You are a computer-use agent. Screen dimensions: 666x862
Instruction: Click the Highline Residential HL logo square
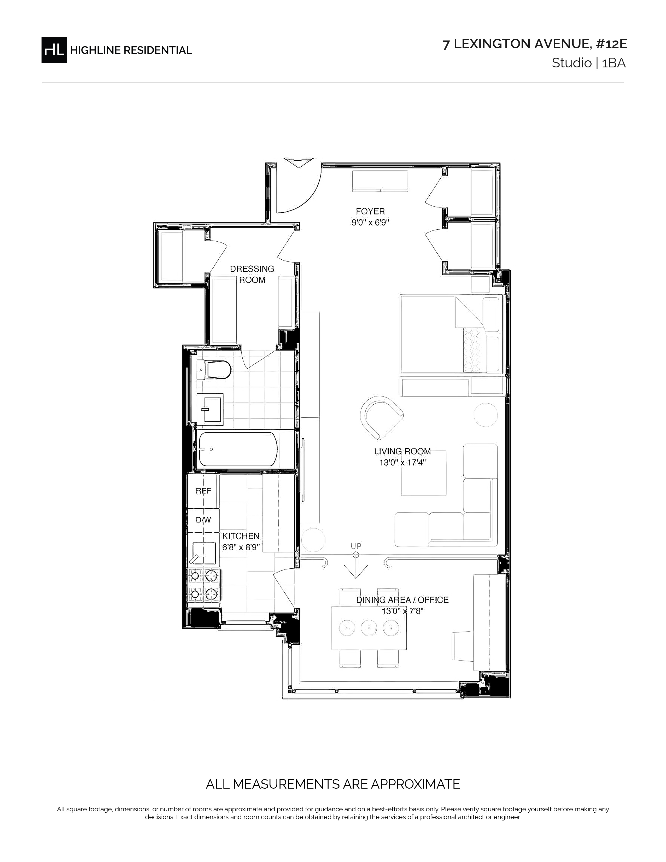click(54, 50)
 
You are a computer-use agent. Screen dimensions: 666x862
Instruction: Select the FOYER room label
click(370, 212)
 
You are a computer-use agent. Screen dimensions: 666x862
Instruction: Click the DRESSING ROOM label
click(252, 274)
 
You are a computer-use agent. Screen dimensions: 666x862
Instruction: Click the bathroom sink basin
click(213, 409)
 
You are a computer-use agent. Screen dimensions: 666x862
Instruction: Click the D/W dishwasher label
click(204, 520)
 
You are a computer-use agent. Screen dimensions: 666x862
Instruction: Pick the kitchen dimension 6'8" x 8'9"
click(241, 548)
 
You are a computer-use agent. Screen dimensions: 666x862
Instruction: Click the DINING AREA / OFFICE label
click(402, 600)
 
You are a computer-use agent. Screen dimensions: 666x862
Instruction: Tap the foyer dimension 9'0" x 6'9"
click(371, 223)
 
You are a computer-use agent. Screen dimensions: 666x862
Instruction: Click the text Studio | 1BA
click(589, 63)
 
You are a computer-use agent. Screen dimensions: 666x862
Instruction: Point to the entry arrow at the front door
click(299, 163)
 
